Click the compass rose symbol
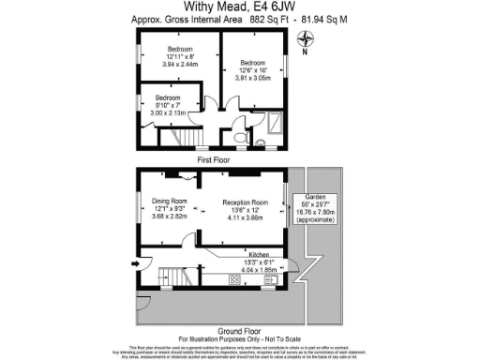304,38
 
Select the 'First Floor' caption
215,160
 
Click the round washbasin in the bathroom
254,119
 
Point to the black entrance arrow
136,263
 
